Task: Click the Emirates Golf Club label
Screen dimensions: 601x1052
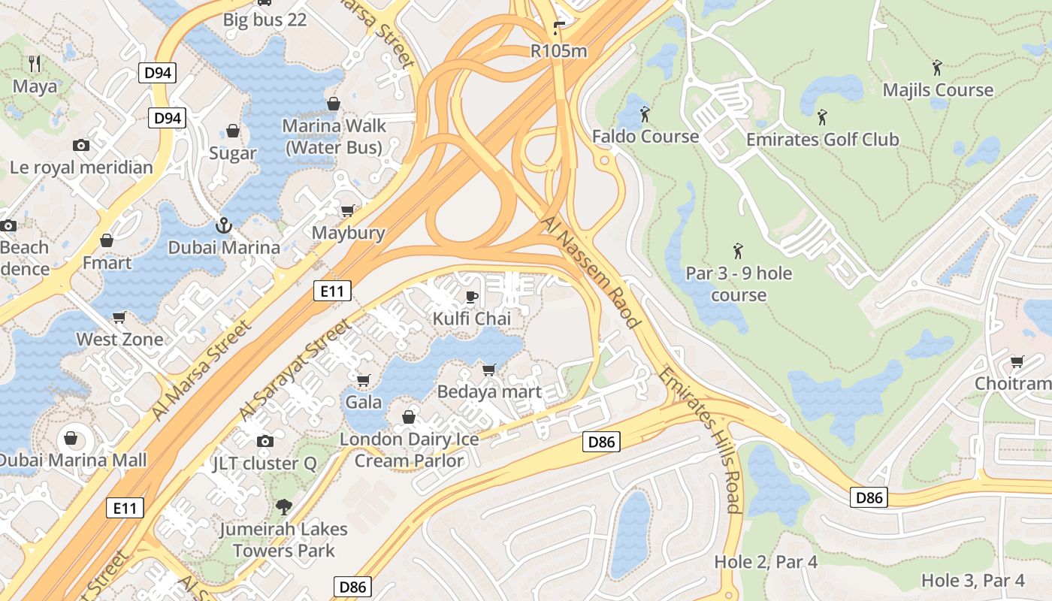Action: coord(822,139)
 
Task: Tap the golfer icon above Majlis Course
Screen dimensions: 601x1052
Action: coord(937,68)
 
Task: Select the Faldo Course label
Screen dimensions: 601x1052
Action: coord(645,137)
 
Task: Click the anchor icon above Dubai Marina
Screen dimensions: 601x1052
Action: coord(223,225)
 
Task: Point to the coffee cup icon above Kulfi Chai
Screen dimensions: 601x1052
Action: coord(472,297)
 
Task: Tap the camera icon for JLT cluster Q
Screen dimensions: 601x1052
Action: coord(265,441)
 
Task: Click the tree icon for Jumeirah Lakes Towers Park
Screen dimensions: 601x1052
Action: coord(283,507)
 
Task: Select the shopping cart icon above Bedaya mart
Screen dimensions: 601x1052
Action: coord(488,370)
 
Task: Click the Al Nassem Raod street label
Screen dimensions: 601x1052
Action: coord(590,271)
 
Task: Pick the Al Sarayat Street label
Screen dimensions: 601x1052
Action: coord(295,369)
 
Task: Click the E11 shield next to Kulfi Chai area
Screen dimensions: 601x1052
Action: coord(332,291)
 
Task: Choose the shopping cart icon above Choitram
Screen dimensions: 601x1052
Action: coord(1017,362)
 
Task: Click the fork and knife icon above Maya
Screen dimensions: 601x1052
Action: coord(34,63)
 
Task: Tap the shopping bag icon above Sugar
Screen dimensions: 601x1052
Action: coord(233,131)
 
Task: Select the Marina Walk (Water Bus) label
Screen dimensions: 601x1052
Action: coord(334,136)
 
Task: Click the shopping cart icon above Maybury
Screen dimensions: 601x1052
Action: coord(347,210)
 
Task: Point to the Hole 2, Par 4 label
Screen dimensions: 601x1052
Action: coord(766,561)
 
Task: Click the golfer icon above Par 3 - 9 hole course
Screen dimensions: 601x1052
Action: coord(738,250)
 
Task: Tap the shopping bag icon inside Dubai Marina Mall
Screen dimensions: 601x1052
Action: coord(71,437)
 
